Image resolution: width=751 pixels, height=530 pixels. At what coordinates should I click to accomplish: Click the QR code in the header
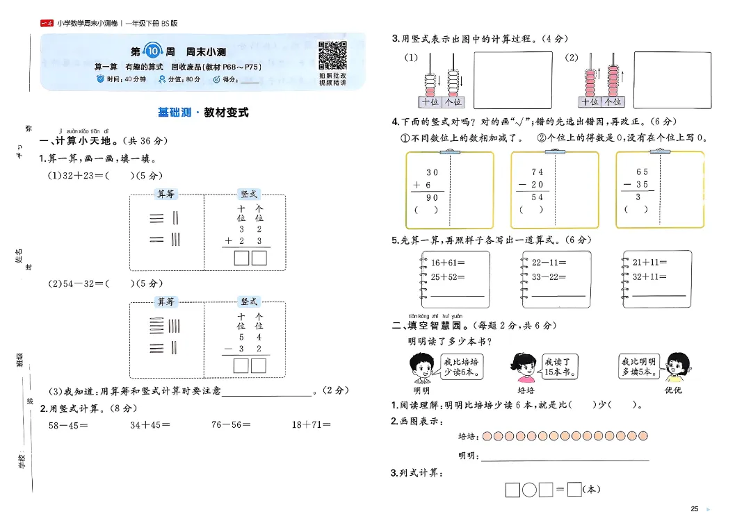pos(332,56)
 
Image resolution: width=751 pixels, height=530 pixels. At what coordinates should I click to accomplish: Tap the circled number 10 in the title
pos(151,51)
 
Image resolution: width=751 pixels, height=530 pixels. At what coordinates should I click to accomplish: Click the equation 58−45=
pos(68,425)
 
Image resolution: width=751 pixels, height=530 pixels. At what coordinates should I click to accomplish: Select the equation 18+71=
pos(311,425)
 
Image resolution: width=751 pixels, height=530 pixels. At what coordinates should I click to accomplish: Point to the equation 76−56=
pos(230,425)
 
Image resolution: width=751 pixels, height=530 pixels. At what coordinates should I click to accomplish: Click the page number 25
pos(694,509)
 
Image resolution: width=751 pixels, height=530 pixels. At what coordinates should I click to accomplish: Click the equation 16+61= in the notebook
pos(448,263)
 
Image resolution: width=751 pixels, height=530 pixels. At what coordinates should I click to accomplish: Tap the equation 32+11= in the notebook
pos(649,276)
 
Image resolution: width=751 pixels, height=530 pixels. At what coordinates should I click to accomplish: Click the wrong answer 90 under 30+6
pos(433,198)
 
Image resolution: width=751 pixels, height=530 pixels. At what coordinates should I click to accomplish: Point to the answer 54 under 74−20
pos(537,197)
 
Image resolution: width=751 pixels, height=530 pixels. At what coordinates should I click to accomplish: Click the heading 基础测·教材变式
pos(203,113)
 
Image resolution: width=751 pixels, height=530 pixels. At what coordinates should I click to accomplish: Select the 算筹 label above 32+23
pos(166,194)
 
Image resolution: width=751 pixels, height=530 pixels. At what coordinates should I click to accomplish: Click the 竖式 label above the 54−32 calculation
pos(248,301)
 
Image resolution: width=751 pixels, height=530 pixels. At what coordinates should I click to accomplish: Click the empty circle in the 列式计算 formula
pos(528,490)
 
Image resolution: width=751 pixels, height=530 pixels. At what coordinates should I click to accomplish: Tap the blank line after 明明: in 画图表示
pos(565,456)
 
